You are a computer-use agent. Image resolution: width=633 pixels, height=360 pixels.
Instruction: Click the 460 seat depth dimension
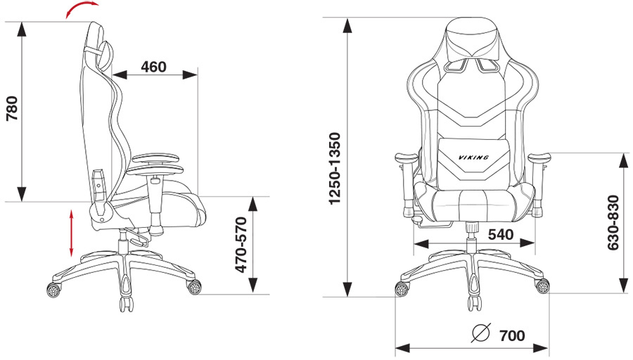click(154, 67)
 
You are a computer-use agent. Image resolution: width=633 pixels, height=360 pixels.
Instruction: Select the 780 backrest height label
click(13, 108)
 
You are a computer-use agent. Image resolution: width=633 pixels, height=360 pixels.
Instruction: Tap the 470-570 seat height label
click(241, 245)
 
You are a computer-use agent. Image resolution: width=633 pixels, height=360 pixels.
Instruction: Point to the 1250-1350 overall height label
click(335, 168)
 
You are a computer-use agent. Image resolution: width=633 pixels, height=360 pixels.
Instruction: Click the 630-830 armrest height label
click(613, 223)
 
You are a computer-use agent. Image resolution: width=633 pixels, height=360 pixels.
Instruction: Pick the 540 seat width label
click(501, 234)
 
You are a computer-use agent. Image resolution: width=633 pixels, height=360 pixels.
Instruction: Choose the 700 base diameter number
click(512, 335)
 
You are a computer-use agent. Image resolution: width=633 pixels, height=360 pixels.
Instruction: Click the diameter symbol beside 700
click(481, 333)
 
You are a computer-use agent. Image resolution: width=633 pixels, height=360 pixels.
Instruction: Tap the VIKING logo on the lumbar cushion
click(473, 157)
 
